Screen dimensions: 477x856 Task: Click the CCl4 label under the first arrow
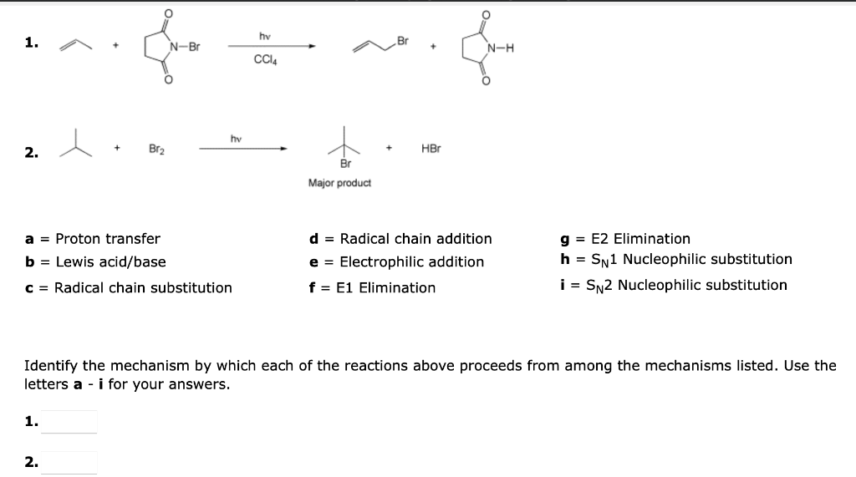(x=266, y=59)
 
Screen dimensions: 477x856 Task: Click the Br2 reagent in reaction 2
(x=156, y=149)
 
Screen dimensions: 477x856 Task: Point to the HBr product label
(x=431, y=149)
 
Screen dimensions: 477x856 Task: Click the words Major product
(x=339, y=183)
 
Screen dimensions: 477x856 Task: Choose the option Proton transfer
(x=108, y=239)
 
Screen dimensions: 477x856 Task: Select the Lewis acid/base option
(x=110, y=262)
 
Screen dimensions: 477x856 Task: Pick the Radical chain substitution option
(x=143, y=287)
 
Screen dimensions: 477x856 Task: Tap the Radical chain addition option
(x=415, y=239)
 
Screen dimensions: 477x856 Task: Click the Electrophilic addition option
(x=411, y=262)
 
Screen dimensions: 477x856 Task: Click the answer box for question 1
(x=69, y=422)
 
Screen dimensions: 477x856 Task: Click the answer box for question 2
(x=69, y=462)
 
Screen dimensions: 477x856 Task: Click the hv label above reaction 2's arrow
(x=236, y=138)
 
